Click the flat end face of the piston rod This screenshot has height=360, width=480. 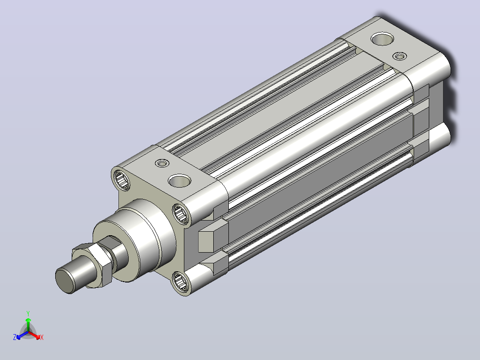[x=65, y=281]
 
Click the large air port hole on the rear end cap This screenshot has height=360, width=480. [x=382, y=39]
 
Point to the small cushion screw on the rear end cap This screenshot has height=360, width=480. [x=399, y=56]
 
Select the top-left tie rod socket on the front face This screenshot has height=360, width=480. [x=122, y=180]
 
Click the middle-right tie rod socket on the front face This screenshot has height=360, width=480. [x=181, y=213]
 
